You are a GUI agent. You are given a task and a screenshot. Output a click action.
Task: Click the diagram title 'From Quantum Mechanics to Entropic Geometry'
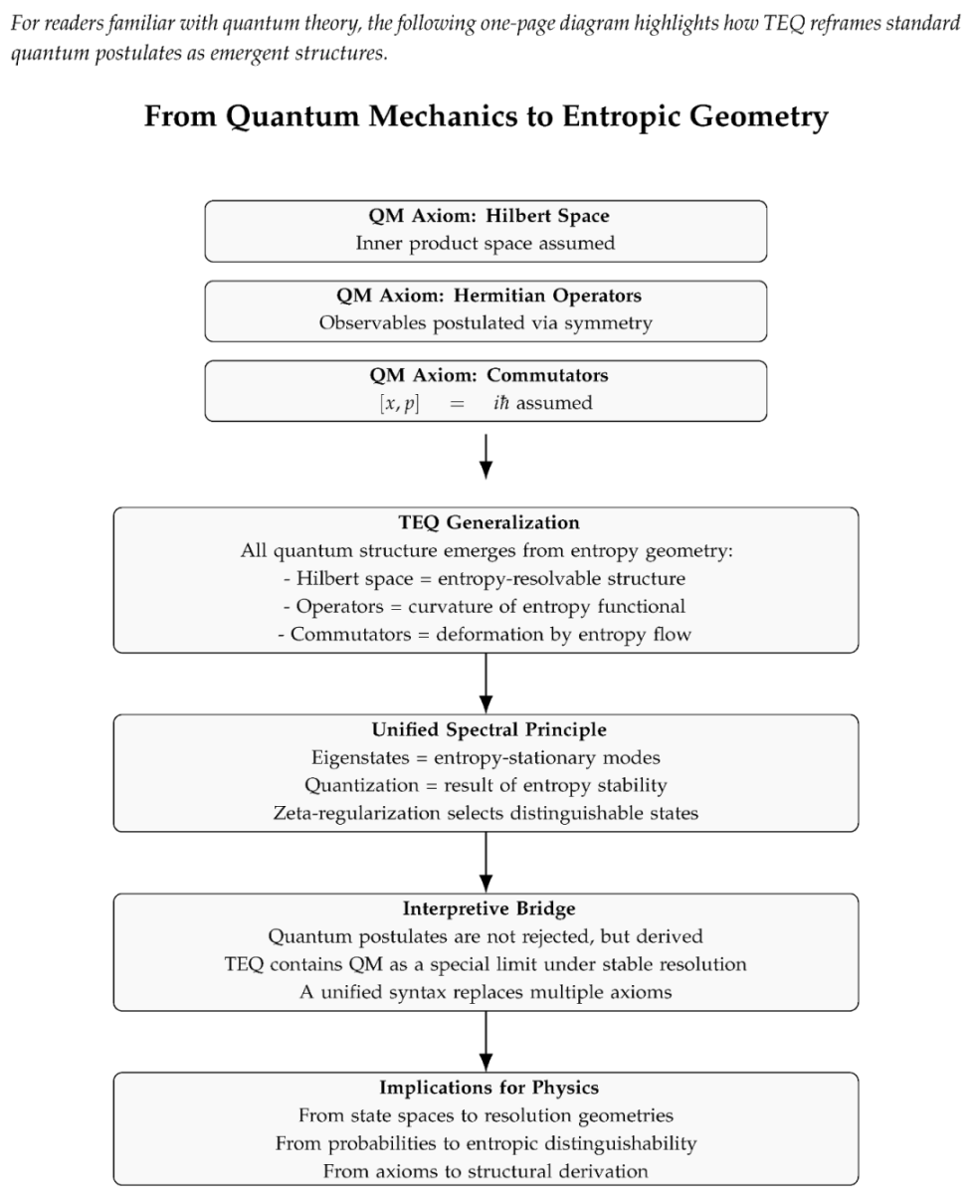tap(486, 117)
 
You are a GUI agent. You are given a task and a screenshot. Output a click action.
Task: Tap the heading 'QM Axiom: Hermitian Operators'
tap(486, 296)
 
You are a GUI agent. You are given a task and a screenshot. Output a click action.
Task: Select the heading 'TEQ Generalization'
tap(486, 522)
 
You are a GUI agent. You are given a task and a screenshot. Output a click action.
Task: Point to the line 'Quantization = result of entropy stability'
tap(486, 785)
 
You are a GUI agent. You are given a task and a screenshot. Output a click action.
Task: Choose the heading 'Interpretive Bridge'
tap(486, 908)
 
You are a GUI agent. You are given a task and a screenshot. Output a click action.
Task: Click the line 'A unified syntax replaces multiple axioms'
tap(486, 992)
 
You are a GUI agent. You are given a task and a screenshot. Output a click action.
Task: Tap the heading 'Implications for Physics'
tap(486, 1088)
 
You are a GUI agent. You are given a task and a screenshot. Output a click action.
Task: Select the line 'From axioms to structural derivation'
tap(486, 1171)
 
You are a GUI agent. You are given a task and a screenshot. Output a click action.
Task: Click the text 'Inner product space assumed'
tap(486, 243)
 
